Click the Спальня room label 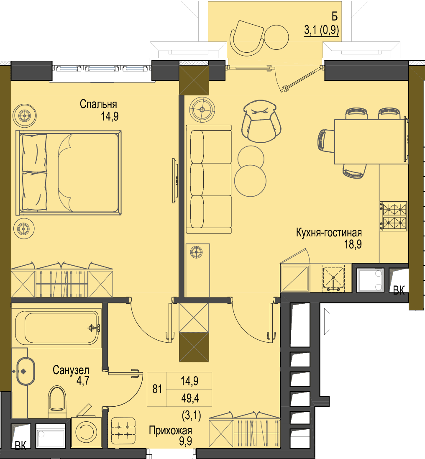[98, 104]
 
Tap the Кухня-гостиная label [329, 233]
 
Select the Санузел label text [71, 370]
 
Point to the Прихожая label [170, 431]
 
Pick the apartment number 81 [157, 389]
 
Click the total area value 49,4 [190, 398]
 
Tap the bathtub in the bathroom [57, 327]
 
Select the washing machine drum [86, 432]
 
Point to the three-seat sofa [209, 179]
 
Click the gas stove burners [394, 216]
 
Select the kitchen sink [333, 278]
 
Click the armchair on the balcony [247, 38]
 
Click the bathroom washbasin [26, 371]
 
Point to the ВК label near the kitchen [399, 290]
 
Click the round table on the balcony [277, 38]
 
